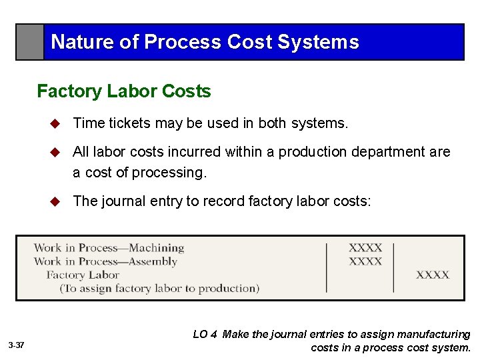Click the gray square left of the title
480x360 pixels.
pyautogui.click(x=30, y=42)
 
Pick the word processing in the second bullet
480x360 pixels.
pyautogui.click(x=169, y=172)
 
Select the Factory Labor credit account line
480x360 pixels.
pyautogui.click(x=83, y=275)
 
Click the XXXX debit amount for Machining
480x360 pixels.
pyautogui.click(x=365, y=248)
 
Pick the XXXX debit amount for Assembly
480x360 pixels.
pyautogui.click(x=365, y=261)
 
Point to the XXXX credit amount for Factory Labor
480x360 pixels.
pyautogui.click(x=433, y=275)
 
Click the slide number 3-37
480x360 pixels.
pyautogui.click(x=17, y=345)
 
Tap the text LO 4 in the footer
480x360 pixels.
pyautogui.click(x=205, y=335)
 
